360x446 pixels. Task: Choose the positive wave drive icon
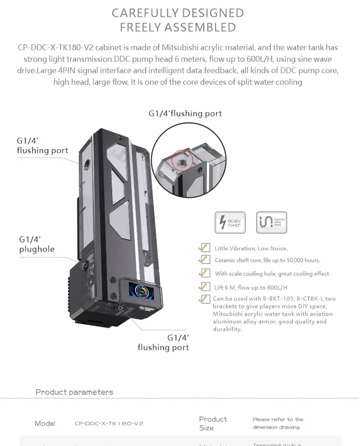(x=271, y=223)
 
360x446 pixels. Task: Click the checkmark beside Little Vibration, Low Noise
(x=204, y=248)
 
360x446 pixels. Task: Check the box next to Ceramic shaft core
(x=204, y=260)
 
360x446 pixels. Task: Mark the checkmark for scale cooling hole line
(x=204, y=273)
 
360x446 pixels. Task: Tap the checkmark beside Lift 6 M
(x=204, y=287)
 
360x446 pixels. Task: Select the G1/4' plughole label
(x=37, y=244)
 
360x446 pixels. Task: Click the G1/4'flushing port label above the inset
(x=185, y=113)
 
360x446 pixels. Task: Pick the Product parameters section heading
(x=74, y=392)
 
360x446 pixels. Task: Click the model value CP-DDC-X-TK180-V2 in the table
(x=109, y=424)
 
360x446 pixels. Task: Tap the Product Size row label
(x=212, y=423)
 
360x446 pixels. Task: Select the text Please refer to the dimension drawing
(x=278, y=423)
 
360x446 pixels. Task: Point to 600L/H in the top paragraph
(x=248, y=59)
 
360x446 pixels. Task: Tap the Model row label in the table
(x=45, y=424)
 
